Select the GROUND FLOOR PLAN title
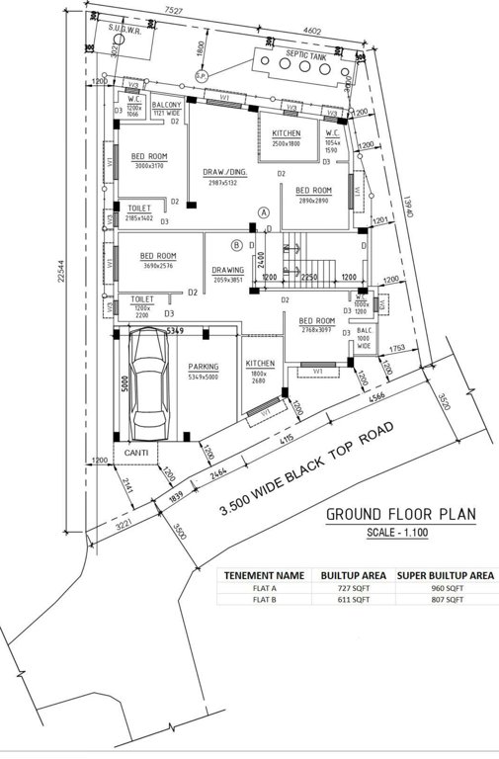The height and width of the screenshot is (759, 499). (x=401, y=514)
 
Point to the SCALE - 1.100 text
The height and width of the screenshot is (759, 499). (x=401, y=534)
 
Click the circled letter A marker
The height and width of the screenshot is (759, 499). (x=263, y=212)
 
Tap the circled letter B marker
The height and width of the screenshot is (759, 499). (x=236, y=245)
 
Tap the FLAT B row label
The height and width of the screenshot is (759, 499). (x=263, y=599)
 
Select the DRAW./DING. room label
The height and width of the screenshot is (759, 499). (x=225, y=172)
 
